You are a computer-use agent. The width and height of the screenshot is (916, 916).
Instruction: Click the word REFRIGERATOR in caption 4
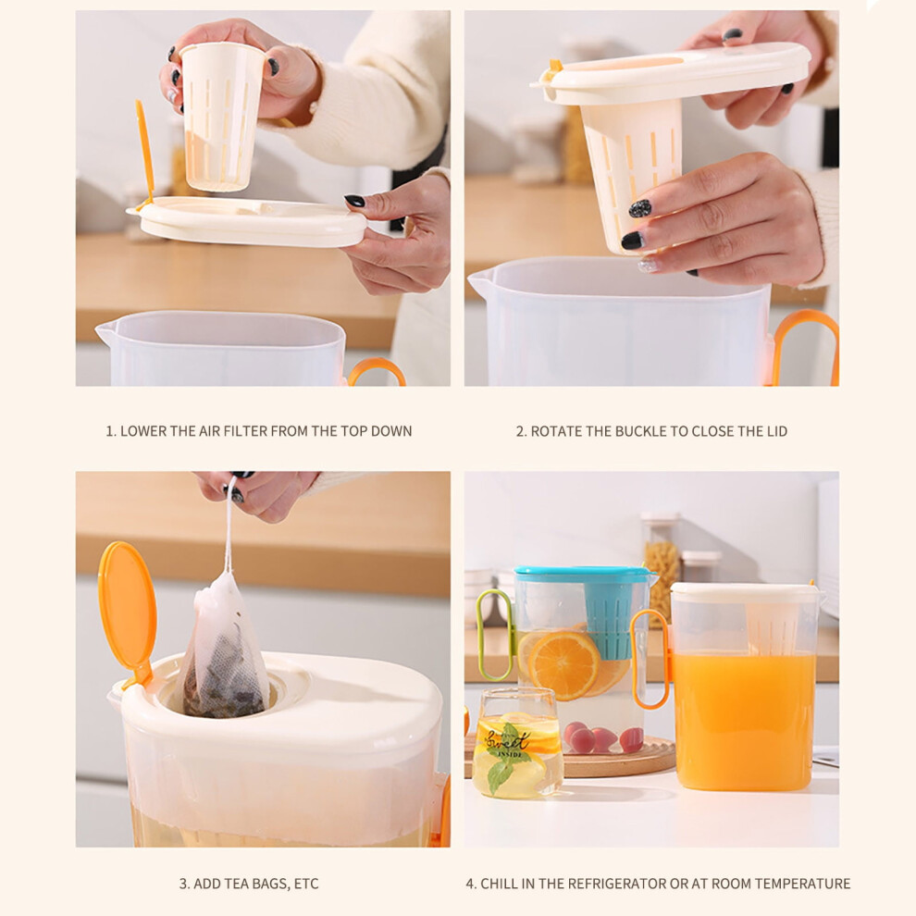pos(615,884)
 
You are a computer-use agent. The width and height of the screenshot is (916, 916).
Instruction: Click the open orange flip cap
pos(128,611)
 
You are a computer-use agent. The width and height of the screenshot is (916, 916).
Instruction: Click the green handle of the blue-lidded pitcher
pos(494,636)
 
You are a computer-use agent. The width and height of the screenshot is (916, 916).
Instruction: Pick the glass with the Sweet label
pos(517,742)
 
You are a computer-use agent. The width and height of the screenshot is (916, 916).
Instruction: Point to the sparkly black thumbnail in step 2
pos(639,208)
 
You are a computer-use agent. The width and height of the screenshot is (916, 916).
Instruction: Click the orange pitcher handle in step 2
pos(805,345)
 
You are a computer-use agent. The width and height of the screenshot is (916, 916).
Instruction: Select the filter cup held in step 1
pos(221,117)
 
